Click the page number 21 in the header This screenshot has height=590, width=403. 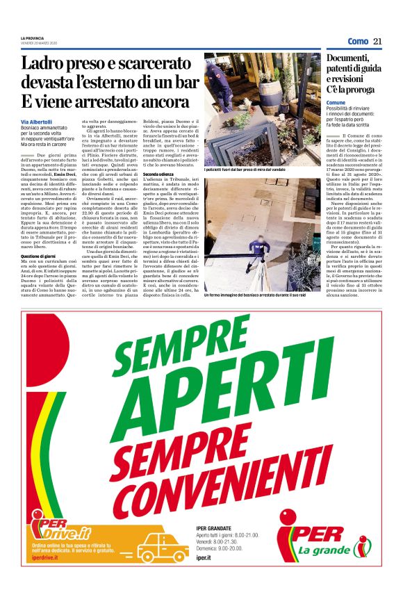coord(378,41)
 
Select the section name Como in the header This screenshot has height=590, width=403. coord(358,41)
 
